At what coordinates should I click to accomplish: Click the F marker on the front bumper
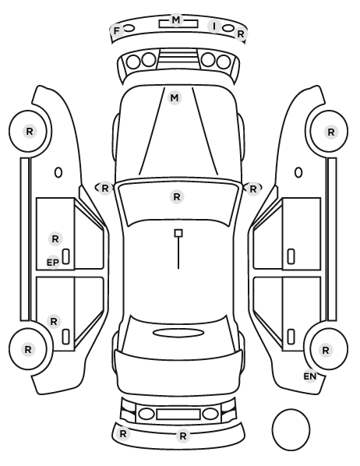tap(117, 30)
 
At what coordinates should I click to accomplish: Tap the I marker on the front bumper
tap(214, 26)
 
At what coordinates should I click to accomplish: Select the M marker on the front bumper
tap(176, 20)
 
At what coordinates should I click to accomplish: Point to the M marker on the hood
tap(175, 97)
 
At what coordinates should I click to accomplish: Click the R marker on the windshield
tap(177, 196)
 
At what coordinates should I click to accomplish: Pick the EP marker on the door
tap(53, 263)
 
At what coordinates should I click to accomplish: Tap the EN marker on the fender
tap(310, 376)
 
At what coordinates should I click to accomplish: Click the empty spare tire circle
tap(291, 429)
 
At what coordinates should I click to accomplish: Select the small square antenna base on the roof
tap(178, 233)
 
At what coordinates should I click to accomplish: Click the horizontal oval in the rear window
tap(178, 333)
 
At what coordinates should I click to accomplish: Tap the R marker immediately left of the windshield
tap(105, 188)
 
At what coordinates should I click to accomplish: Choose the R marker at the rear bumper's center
tap(183, 436)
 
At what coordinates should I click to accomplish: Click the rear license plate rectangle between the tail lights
tap(178, 415)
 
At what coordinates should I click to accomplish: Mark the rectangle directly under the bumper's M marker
tap(178, 24)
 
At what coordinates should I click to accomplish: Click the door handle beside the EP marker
tap(66, 256)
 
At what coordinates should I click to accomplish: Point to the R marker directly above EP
tap(55, 239)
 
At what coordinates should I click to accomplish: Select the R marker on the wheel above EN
tap(326, 351)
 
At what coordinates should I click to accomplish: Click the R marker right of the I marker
tap(240, 34)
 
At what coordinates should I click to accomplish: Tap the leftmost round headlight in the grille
tap(133, 62)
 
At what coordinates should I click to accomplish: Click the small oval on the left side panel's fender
tap(58, 173)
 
